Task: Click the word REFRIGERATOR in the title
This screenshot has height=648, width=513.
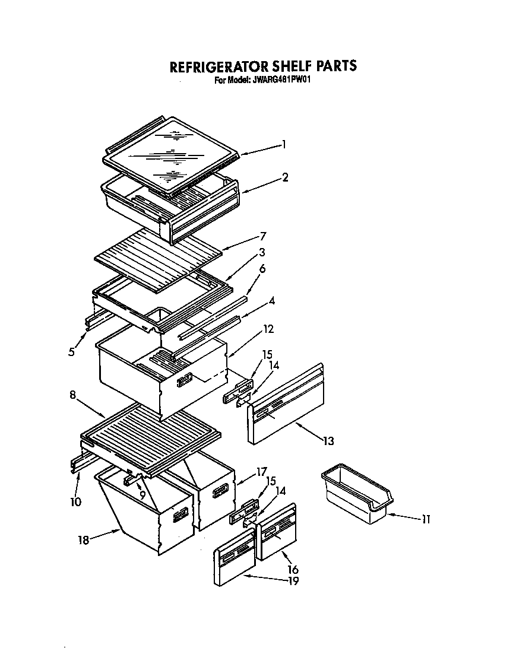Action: click(218, 66)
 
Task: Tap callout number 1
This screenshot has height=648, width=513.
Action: click(284, 144)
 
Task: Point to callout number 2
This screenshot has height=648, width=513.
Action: click(285, 177)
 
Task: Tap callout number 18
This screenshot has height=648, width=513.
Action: click(84, 541)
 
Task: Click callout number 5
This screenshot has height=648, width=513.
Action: click(71, 352)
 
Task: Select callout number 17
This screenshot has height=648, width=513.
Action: click(259, 472)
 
